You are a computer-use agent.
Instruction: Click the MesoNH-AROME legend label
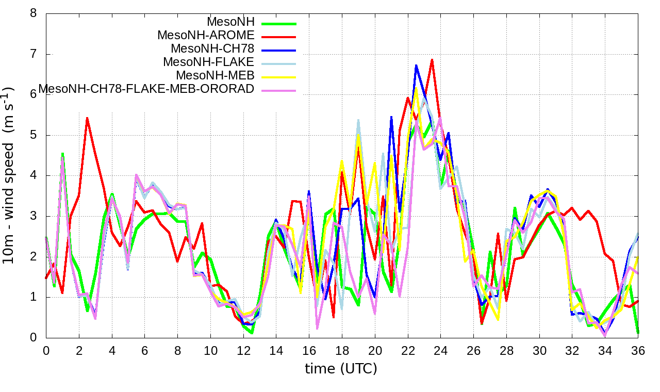click(x=206, y=36)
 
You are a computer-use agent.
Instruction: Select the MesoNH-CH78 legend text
click(x=212, y=49)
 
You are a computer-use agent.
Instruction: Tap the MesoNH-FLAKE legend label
click(x=209, y=62)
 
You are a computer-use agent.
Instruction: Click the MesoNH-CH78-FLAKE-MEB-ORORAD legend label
click(x=146, y=89)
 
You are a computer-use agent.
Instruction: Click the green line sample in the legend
click(x=279, y=23)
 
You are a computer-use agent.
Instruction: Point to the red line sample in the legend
click(x=279, y=37)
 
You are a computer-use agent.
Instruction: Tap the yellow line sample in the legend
click(x=279, y=77)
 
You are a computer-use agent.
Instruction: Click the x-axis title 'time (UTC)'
click(x=341, y=369)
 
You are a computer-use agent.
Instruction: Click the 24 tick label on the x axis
click(x=440, y=351)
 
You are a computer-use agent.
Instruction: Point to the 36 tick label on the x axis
click(x=638, y=351)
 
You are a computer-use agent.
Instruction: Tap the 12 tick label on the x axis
click(x=243, y=351)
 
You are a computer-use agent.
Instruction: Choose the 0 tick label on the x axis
click(x=46, y=351)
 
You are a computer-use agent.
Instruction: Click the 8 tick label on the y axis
click(x=34, y=13)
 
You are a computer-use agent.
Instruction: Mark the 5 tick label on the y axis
click(x=34, y=135)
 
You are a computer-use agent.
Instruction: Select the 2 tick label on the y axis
click(x=34, y=257)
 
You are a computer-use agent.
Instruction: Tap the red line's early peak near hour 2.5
click(x=87, y=118)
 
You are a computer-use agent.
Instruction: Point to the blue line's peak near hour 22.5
click(x=416, y=66)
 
